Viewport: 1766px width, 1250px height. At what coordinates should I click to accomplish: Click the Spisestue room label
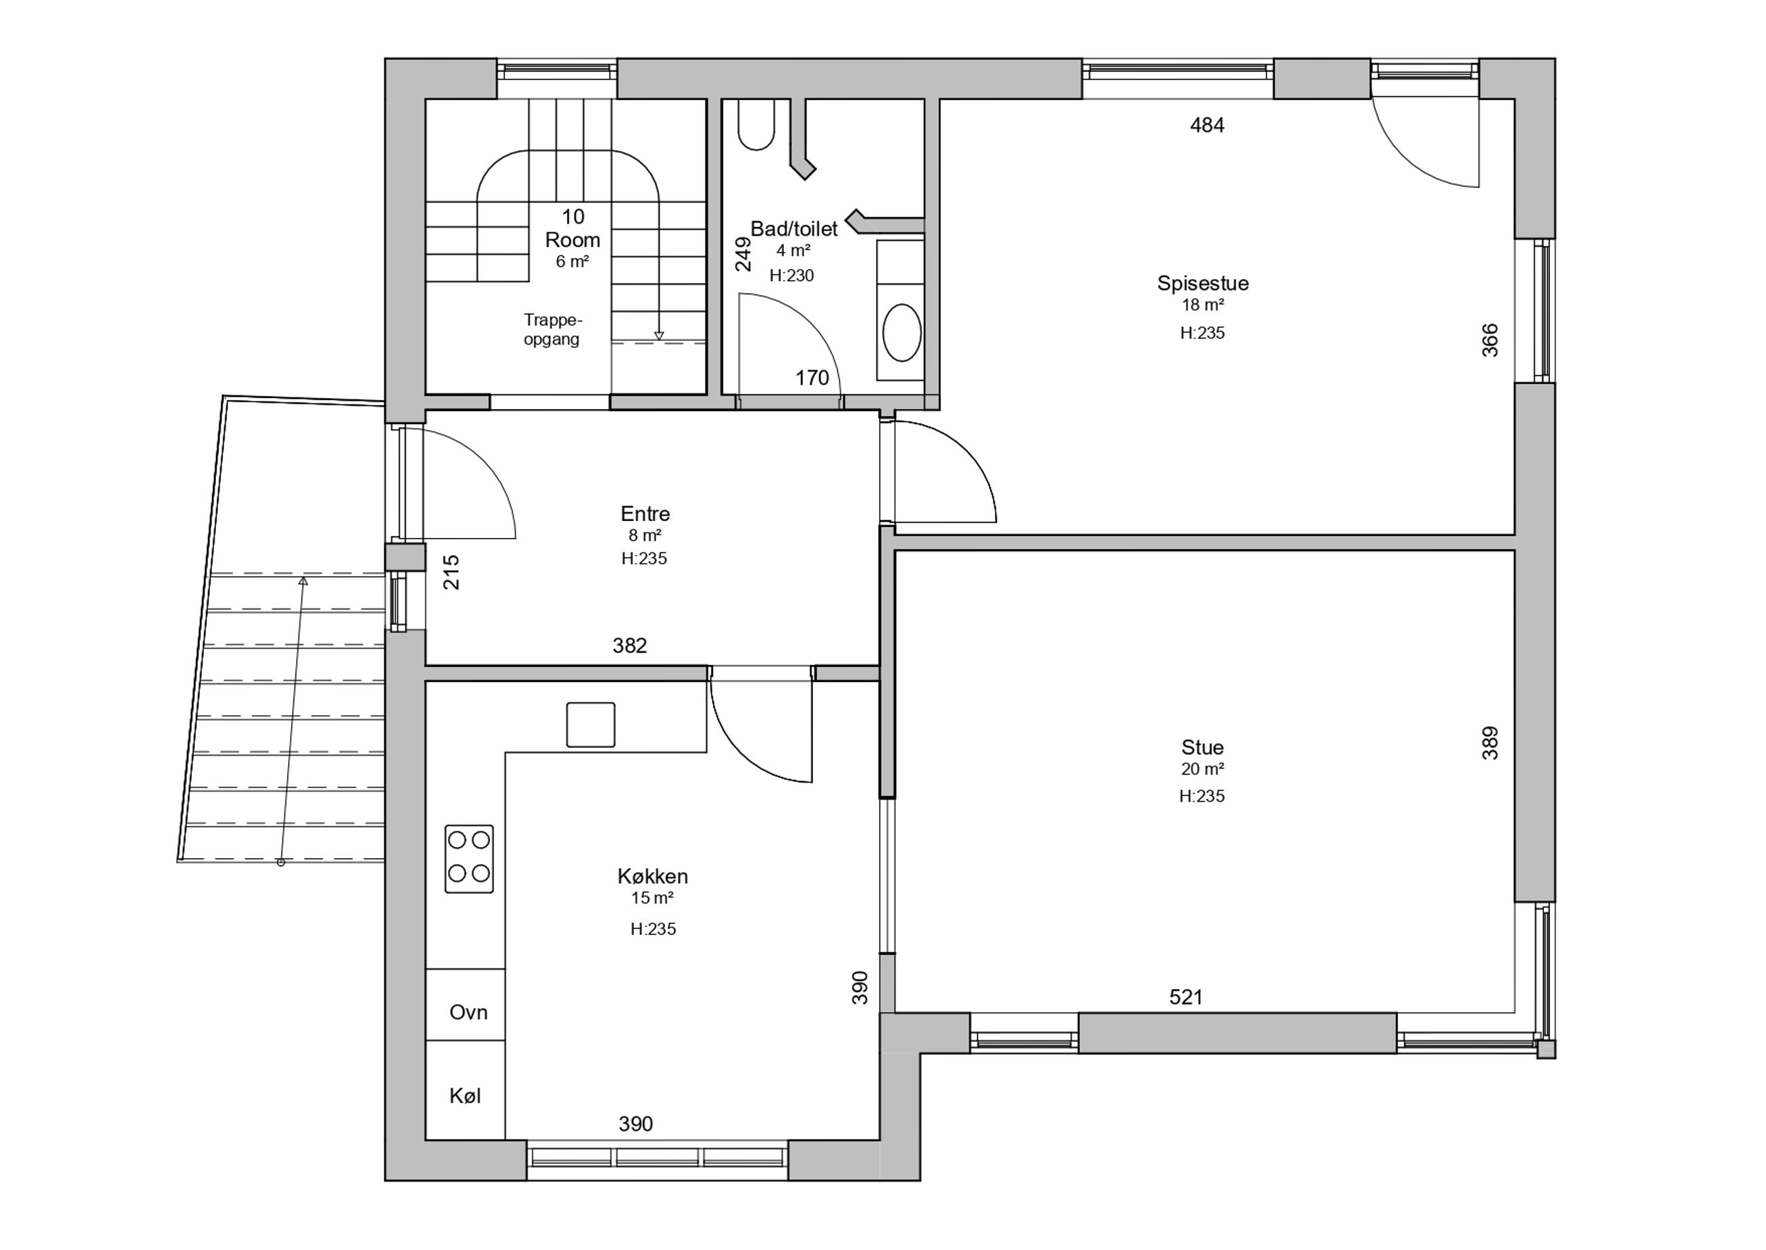click(1203, 283)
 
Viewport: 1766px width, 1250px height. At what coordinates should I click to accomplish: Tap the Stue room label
click(1202, 747)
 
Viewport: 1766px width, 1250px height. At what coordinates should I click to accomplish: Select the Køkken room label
click(653, 876)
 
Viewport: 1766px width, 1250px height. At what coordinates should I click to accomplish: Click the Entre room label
click(645, 514)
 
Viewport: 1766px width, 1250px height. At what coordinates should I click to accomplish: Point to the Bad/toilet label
click(793, 229)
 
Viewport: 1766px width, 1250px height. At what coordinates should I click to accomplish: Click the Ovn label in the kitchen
click(468, 1012)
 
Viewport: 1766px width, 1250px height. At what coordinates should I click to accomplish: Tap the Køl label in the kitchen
click(465, 1095)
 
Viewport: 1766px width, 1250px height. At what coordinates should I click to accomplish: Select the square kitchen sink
click(590, 724)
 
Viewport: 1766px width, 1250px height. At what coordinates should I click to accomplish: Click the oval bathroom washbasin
click(902, 332)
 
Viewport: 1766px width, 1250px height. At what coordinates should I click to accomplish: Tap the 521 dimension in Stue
click(1186, 997)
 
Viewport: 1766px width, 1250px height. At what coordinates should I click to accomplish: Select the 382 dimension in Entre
click(630, 646)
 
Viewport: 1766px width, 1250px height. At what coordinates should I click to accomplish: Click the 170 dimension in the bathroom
click(812, 378)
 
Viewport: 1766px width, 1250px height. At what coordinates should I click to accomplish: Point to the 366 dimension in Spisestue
click(1490, 340)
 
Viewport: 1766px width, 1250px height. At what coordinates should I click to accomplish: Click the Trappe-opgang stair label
click(552, 329)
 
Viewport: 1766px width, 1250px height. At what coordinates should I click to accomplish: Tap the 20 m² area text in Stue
click(1202, 769)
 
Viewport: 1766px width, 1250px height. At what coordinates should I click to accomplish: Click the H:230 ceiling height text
click(791, 276)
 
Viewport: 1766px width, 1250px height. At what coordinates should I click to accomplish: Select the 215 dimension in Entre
click(451, 572)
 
